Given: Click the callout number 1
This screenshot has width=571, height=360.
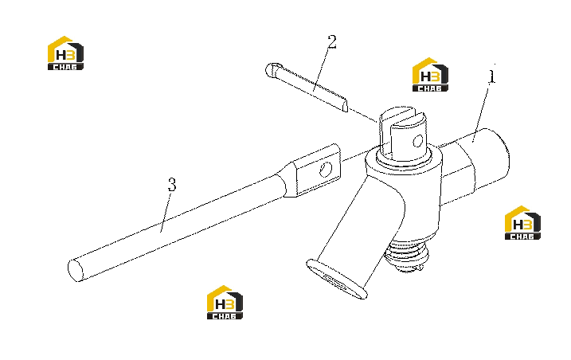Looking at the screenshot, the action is coord(491,76).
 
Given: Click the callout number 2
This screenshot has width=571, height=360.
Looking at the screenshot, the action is coord(332,42).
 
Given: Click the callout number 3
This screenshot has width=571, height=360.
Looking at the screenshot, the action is coord(172,184).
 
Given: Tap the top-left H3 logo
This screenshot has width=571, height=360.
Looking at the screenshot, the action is coord(65,53).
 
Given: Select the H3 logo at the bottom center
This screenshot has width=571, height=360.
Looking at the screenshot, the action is coord(225,303).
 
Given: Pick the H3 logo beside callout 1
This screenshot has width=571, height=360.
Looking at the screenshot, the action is coord(430,75).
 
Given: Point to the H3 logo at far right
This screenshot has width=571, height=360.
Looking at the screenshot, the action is coord(522,223).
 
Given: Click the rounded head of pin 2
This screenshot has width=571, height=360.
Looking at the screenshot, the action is coord(272,69).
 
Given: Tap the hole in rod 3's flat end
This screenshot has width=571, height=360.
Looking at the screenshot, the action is coord(326,170).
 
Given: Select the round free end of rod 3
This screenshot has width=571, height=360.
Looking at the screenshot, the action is coord(76,270).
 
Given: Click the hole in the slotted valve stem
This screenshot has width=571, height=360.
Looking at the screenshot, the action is coord(418,141).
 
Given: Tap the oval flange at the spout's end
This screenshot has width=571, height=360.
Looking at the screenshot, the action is coord(336,279).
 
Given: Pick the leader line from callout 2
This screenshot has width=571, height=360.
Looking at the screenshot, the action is coord(322,69).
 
